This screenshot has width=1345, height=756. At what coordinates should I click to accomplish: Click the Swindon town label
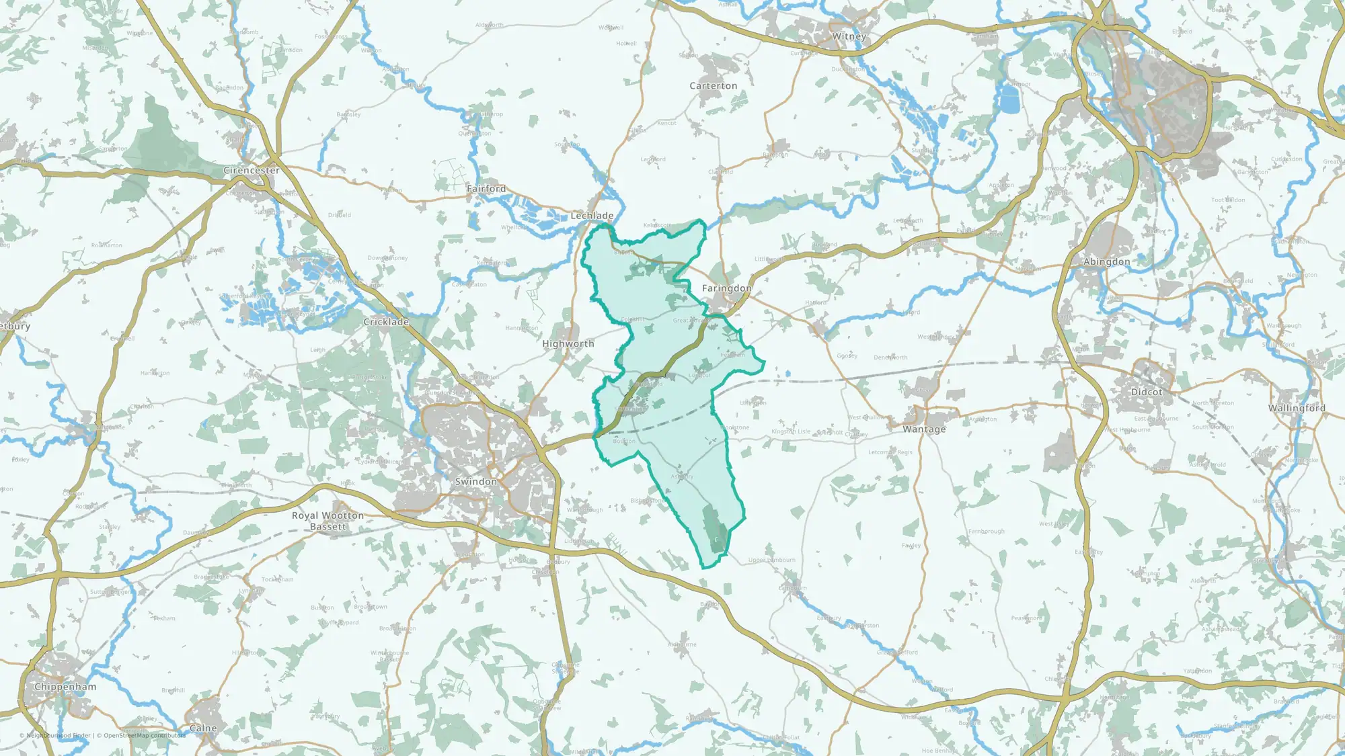pos(475,482)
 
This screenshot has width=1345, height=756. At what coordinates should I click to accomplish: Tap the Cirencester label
pos(252,171)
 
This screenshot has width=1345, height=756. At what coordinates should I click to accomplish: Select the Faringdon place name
pos(726,288)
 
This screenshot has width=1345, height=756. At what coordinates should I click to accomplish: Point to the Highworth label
pos(568,343)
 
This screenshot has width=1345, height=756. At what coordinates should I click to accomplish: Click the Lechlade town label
pos(592,216)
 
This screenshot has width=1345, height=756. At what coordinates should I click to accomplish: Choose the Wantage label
pos(924,429)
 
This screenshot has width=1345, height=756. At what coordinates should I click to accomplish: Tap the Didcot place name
pos(1146,392)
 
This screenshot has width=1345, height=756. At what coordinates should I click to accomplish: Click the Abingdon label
pos(1106,261)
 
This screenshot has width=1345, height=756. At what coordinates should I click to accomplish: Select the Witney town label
pos(849,36)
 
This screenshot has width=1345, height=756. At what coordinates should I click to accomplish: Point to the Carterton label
pos(713,86)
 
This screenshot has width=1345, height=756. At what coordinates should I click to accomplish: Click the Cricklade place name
pos(386,322)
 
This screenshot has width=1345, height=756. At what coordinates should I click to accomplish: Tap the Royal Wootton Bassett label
pos(328,521)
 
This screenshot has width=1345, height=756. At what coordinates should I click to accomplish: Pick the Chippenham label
pos(65,687)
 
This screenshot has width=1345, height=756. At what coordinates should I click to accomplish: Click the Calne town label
pos(203,728)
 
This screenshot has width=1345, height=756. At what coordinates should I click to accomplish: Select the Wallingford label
pos(1297,408)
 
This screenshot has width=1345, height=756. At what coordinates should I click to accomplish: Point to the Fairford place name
pos(486,189)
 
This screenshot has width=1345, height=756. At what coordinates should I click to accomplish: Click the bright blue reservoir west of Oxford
pos(1009,101)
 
